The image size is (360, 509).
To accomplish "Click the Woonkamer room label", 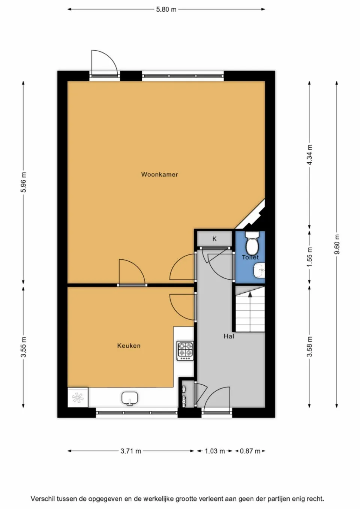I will coord(159,174).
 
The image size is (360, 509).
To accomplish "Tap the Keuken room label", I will coord(129,346).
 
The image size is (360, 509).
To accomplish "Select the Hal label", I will coord(229,336).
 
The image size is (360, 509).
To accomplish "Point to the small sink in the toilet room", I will coord(259,270).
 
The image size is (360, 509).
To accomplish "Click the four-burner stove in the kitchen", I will coord(185,351).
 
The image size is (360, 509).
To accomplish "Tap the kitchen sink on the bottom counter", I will coord(130,398).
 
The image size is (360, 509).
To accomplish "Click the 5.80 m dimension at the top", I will coord(166,9).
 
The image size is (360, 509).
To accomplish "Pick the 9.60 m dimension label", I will coord(337,244).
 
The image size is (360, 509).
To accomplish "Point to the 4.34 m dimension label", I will coord(309,154).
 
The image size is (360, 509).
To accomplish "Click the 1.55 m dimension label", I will coord(309,257).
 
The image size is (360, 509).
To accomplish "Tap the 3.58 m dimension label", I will coord(309,347).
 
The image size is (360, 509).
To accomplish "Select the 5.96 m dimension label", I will coord(23,182).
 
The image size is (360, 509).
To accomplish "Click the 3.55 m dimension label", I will coord(23,347).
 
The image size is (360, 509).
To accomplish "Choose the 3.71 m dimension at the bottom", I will coord(131,451).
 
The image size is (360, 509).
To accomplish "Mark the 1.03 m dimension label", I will coord(214,451).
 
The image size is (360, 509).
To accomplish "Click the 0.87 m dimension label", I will coord(250,451).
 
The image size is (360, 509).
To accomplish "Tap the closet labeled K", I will coord(214,239).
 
